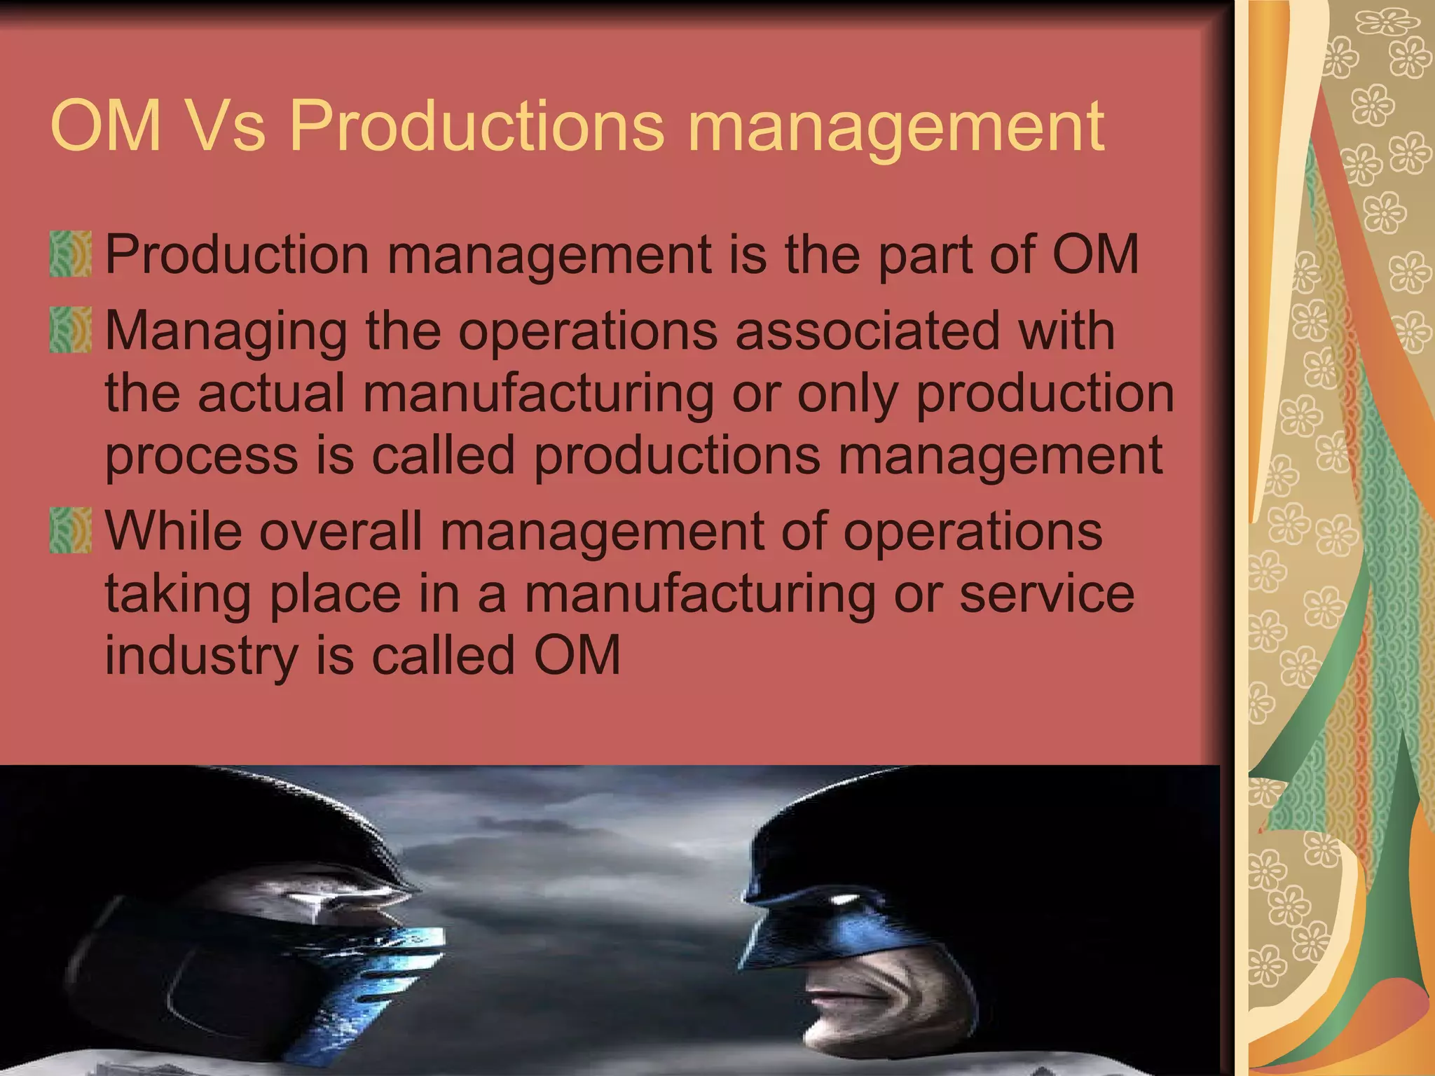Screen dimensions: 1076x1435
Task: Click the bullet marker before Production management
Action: (71, 254)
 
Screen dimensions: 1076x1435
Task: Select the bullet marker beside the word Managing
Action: (71, 330)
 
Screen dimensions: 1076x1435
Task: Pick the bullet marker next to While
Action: (71, 531)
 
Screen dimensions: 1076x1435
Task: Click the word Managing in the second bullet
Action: (226, 331)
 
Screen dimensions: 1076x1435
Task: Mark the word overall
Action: (341, 531)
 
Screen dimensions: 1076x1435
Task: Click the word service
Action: (1046, 594)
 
